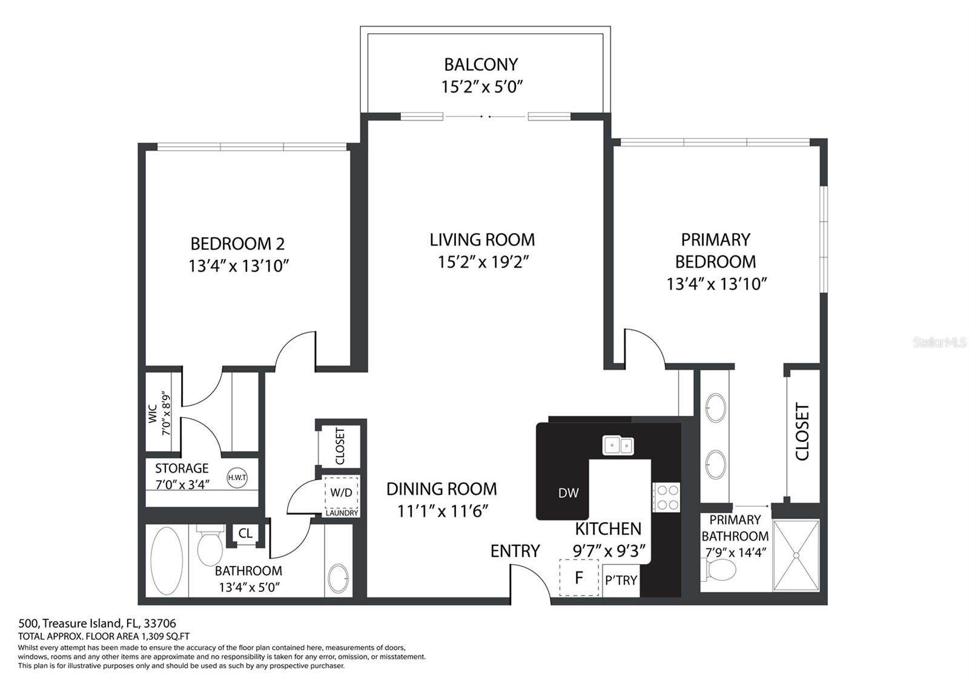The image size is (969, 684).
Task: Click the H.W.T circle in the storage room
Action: (237, 478)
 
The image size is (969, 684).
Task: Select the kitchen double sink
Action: (618, 446)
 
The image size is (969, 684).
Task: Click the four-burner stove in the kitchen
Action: (666, 498)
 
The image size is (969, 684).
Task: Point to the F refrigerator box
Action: (579, 577)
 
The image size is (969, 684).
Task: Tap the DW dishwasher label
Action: (568, 493)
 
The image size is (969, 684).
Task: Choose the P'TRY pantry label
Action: (621, 580)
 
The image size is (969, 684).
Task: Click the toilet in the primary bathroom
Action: (719, 570)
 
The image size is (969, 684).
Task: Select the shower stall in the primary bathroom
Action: (796, 556)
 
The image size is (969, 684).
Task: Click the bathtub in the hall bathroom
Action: (167, 561)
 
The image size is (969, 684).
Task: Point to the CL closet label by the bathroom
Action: (245, 533)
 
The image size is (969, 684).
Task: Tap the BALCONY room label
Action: (481, 65)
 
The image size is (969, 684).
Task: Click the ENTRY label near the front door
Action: (515, 551)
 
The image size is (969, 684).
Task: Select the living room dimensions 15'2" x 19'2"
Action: (483, 262)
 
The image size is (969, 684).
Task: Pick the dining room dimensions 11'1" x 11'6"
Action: (443, 511)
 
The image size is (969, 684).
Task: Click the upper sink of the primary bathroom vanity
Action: (715, 407)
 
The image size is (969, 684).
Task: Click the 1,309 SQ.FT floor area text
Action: (165, 636)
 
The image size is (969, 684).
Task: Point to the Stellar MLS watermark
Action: (939, 343)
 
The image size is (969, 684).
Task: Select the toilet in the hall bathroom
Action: (210, 545)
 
